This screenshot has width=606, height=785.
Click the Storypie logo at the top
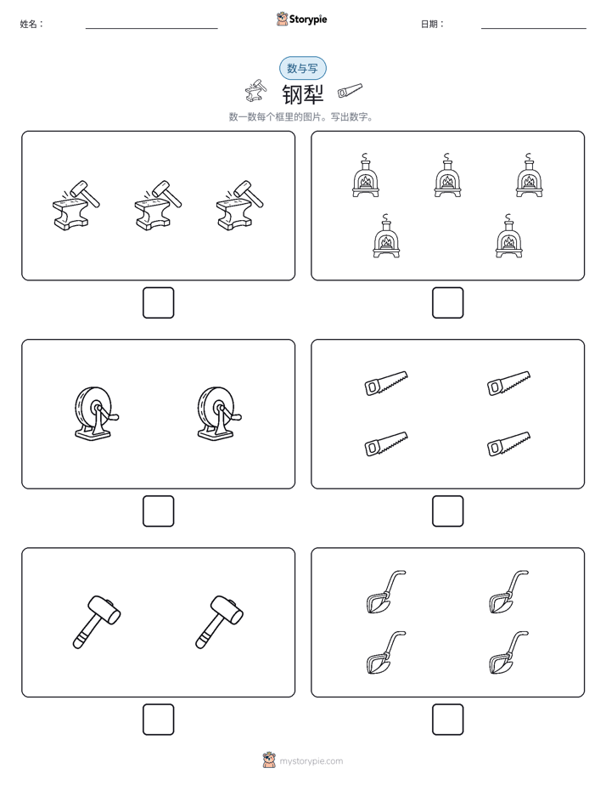coord(301,19)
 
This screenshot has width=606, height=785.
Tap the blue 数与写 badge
coord(302,68)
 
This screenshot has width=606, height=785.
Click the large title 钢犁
coord(303,94)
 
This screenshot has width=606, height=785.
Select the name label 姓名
coord(31,24)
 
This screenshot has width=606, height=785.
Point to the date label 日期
coord(433,24)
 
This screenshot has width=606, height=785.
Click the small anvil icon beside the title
coord(255,91)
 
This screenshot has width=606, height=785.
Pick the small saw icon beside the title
coord(350,90)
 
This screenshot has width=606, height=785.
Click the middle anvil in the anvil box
coord(158,206)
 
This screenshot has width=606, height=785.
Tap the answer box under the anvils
coord(159,303)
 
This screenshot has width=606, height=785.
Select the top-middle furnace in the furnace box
coord(447,175)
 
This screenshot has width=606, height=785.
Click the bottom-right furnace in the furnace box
coord(509,236)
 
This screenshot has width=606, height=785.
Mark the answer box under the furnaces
coord(448,303)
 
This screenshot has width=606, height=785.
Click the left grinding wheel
coord(97,414)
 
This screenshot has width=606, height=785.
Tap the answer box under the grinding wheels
coord(159,511)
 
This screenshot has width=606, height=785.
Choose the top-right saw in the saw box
coord(509,383)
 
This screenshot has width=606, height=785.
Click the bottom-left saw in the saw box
coord(386,443)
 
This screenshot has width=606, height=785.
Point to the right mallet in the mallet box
coord(219,622)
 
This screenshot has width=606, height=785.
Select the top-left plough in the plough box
coord(385,592)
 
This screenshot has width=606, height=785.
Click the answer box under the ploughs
coord(448,720)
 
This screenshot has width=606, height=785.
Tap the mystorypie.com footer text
coord(311,761)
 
